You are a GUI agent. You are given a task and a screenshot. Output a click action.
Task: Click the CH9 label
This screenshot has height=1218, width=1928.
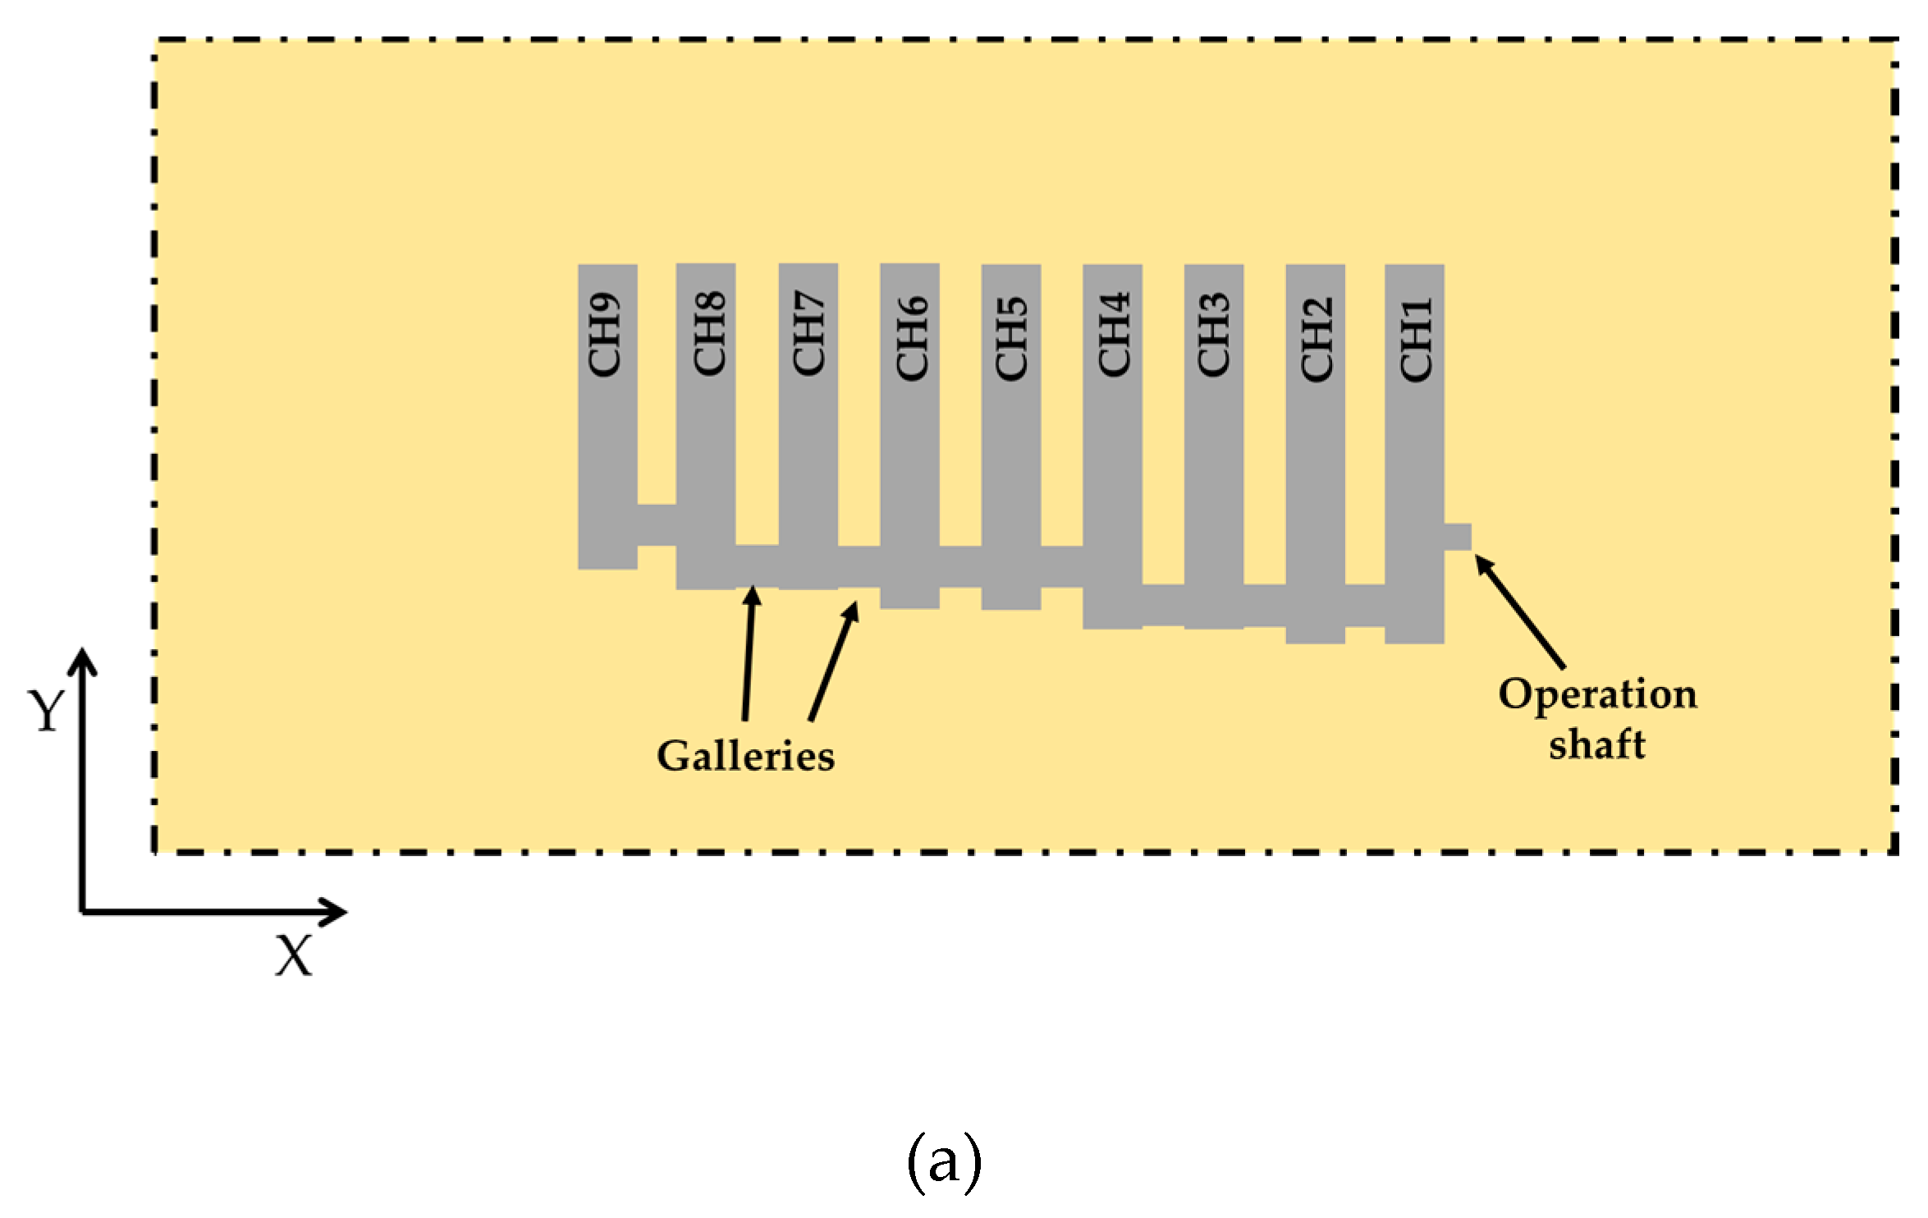605,335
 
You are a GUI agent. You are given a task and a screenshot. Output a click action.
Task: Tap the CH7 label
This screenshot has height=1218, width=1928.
808,333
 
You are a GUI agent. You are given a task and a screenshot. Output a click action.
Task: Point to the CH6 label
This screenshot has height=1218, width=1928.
911,338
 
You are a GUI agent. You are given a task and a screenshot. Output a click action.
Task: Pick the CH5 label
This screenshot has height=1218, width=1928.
1011,338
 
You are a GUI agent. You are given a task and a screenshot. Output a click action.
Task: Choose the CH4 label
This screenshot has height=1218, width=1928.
1114,335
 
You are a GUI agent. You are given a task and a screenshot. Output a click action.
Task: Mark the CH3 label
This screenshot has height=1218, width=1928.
1213,335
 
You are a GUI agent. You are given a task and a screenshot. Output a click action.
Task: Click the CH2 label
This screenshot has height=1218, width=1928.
1317,339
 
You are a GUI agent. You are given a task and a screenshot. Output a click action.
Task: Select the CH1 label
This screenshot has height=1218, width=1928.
1416,339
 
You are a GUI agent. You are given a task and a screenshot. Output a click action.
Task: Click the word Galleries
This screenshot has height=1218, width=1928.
745,757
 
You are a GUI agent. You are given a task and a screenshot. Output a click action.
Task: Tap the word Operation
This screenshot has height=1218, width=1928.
1597,695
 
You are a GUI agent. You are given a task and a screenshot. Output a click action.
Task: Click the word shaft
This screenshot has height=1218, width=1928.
1597,745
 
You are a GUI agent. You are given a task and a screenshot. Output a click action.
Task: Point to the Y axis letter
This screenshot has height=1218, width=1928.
45,711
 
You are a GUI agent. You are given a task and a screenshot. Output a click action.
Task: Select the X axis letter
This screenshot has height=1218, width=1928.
294,956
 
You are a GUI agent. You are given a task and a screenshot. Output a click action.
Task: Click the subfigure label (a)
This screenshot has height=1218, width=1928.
944,1162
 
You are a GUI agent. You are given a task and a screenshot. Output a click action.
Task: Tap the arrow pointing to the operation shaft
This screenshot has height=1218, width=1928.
1520,612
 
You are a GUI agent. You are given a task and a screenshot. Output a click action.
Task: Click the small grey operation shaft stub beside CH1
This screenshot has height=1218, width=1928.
1458,537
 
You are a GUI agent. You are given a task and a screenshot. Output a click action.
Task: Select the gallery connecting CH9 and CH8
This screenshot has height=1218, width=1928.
657,525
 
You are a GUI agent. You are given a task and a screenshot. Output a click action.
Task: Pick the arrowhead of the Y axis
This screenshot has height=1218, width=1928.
83,658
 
